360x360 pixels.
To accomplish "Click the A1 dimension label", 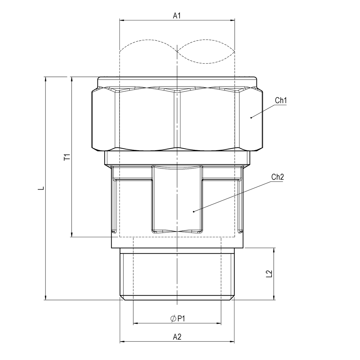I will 177,16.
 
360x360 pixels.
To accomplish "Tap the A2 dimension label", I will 177,337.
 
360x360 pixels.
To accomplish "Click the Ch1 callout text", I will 280,100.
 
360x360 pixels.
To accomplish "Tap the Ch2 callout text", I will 277,177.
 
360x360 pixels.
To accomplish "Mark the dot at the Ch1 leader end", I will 251,117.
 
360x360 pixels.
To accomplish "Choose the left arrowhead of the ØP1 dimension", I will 136,323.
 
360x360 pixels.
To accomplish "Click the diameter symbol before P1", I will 173,319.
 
